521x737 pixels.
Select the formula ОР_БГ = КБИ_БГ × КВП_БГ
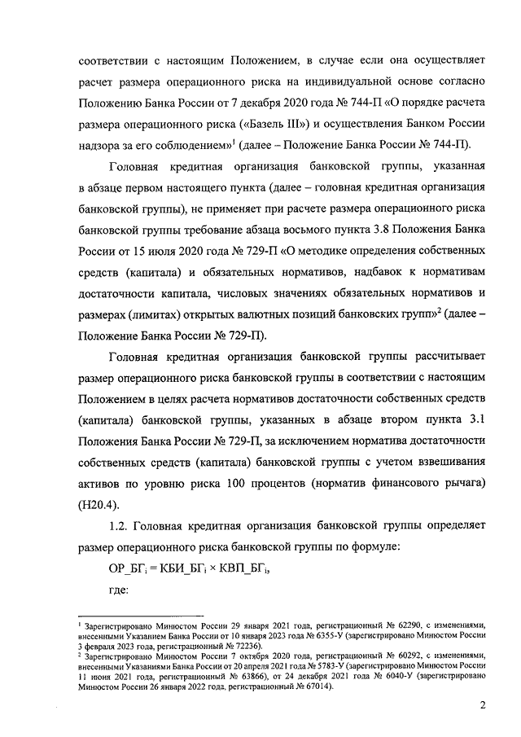coord(189,569)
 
